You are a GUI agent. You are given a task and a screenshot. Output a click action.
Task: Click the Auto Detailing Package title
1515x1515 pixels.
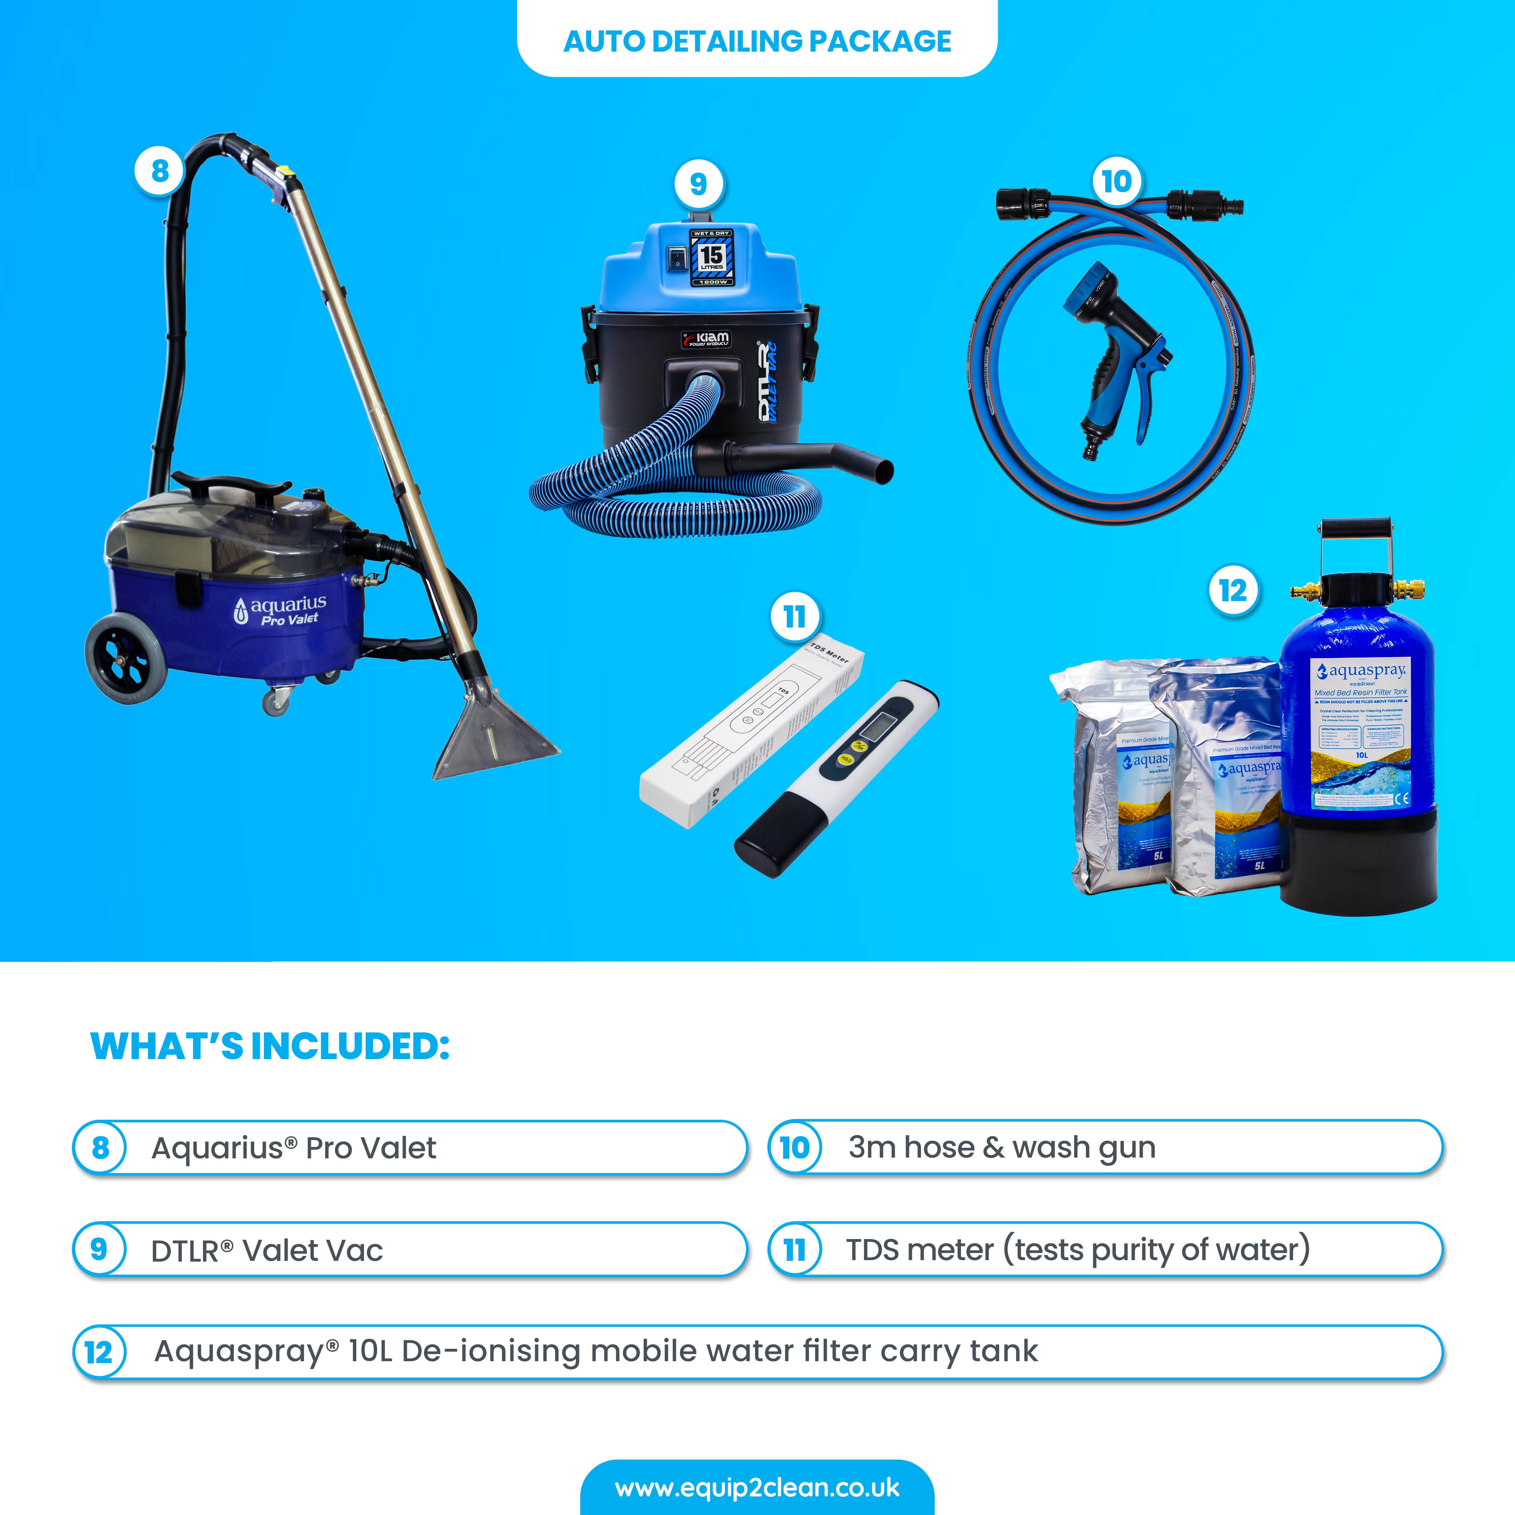click(757, 41)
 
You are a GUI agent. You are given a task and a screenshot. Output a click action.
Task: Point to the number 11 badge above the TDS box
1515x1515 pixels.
click(794, 617)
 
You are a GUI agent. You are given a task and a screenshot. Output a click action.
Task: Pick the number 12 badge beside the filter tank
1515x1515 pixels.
click(1233, 590)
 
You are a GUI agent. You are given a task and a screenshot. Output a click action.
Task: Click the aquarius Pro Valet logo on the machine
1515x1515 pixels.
click(281, 610)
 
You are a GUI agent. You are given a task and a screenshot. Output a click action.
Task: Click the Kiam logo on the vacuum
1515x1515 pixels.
click(706, 339)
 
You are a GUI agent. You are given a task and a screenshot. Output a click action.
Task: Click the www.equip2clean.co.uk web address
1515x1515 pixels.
click(757, 1488)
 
